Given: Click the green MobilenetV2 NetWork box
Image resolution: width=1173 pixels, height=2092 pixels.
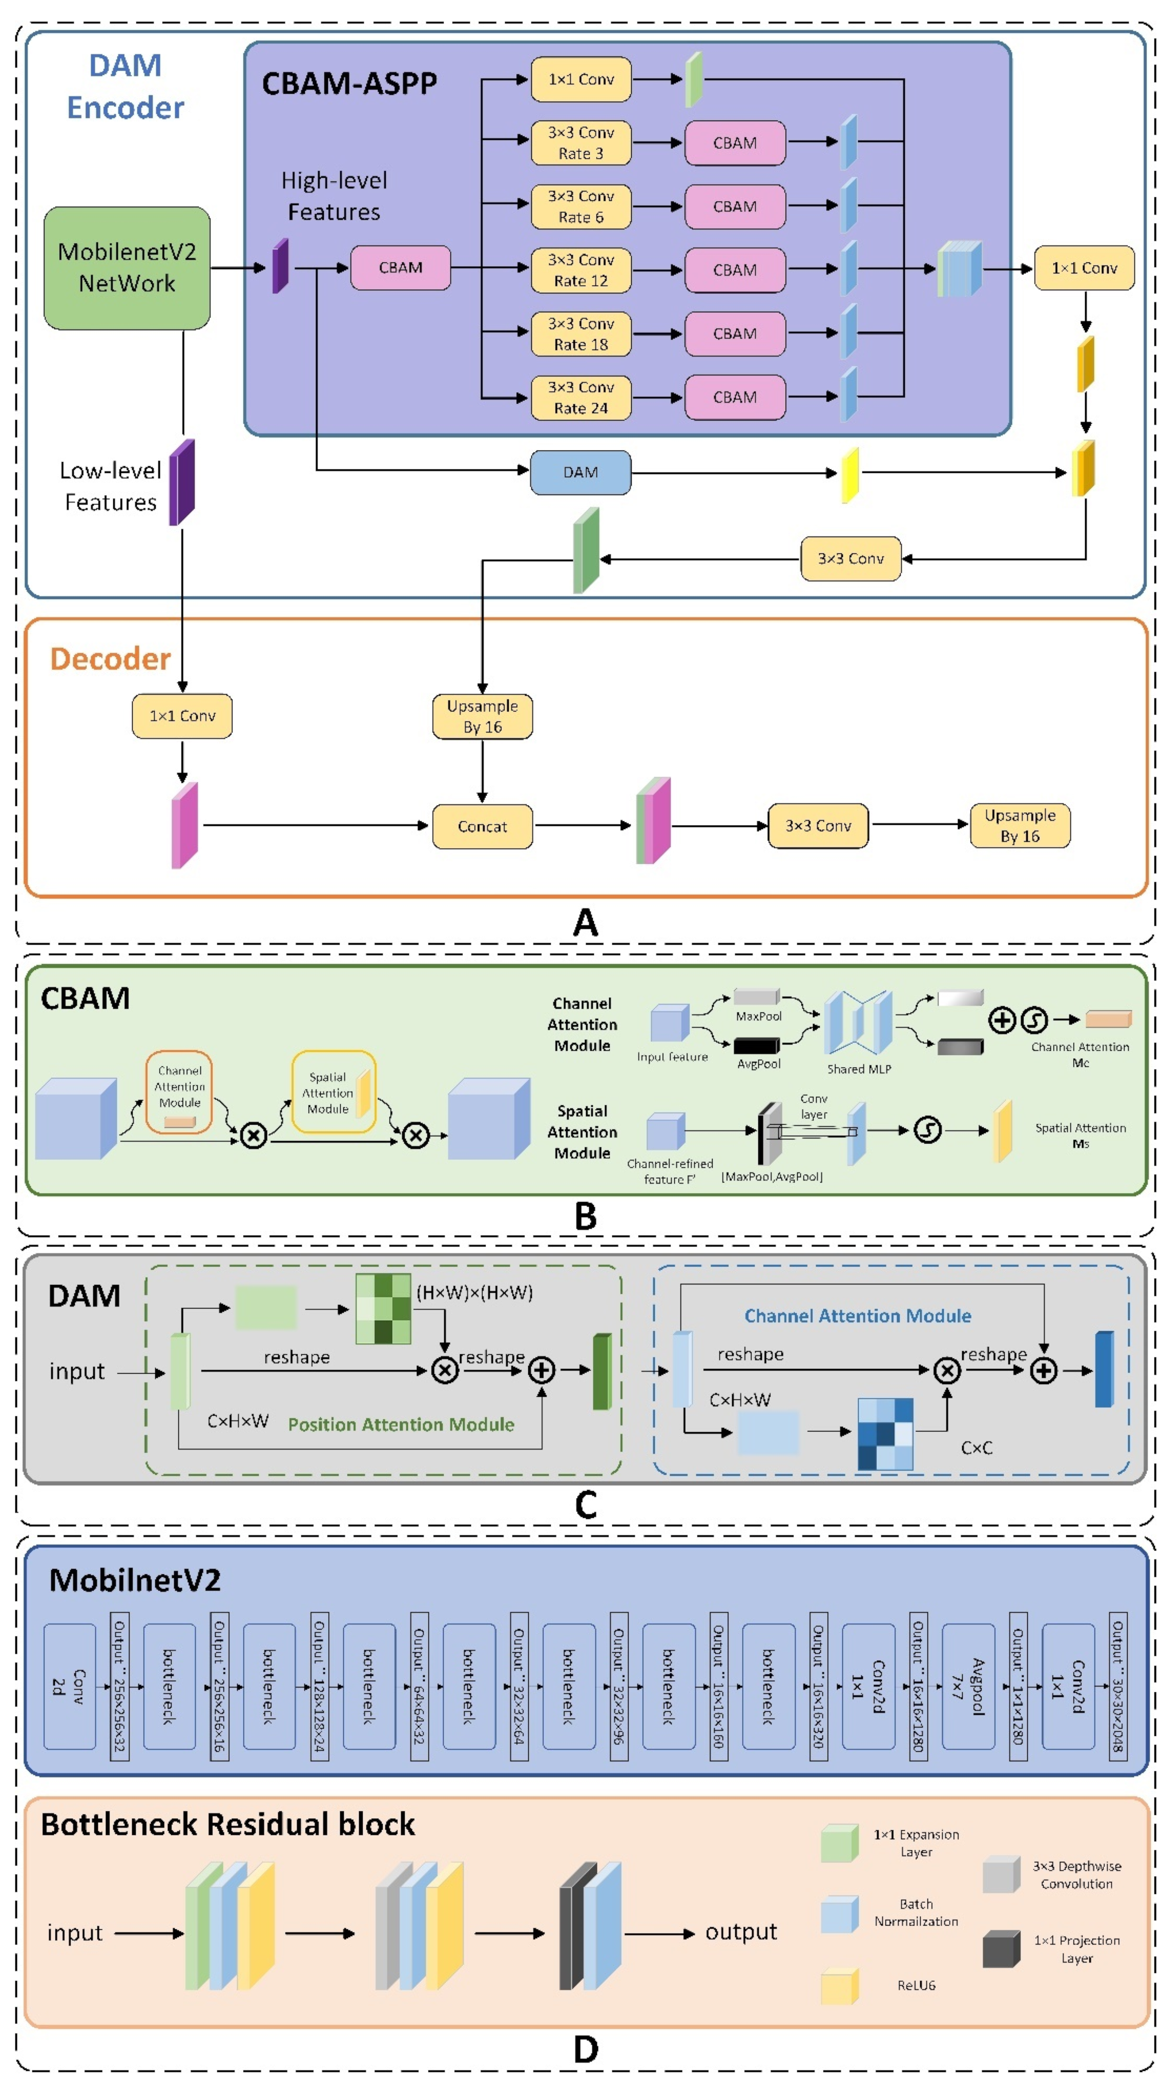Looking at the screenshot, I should click(126, 268).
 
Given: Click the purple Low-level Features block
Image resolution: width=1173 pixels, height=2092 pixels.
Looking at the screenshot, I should click(182, 482).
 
